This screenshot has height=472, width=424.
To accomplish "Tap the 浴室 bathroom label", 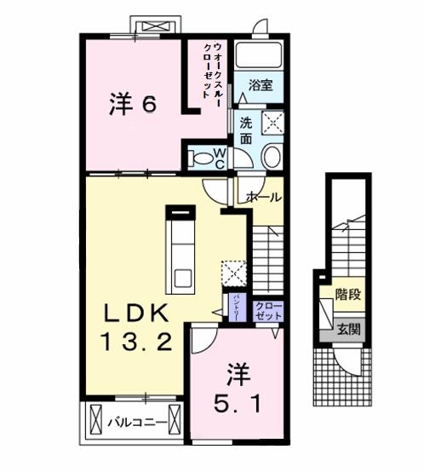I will [261, 85].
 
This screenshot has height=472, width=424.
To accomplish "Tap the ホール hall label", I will [263, 198].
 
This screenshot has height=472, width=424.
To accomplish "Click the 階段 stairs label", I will [347, 296].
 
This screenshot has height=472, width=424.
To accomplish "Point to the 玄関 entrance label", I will [347, 327].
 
